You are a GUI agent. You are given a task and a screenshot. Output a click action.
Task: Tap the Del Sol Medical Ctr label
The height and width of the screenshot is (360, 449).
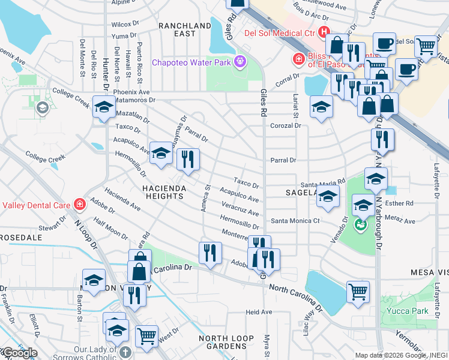pyautogui.click(x=280, y=32)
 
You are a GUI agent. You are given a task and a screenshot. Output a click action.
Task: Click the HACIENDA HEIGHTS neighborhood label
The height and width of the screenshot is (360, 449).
pyautogui.click(x=165, y=188)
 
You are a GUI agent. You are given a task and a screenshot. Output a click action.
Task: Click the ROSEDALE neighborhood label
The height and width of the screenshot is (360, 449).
pyautogui.click(x=21, y=238)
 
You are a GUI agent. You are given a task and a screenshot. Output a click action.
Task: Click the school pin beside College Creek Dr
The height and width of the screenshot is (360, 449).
pyautogui.click(x=104, y=107)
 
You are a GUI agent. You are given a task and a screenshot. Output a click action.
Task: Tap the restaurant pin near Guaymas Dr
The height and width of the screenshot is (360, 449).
pyautogui.click(x=188, y=159)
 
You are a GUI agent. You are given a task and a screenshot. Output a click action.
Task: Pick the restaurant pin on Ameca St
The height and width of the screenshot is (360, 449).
pyautogui.click(x=210, y=252)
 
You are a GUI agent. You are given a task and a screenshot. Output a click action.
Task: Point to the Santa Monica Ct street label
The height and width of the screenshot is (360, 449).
pyautogui.click(x=295, y=221)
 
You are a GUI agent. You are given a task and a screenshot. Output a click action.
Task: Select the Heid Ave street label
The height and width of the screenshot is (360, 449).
pyautogui.click(x=259, y=312)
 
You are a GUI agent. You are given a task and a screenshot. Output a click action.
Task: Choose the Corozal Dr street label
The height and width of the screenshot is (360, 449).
pyautogui.click(x=285, y=126)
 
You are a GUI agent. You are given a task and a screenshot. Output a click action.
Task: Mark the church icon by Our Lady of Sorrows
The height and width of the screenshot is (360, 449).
pyautogui.click(x=124, y=352)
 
